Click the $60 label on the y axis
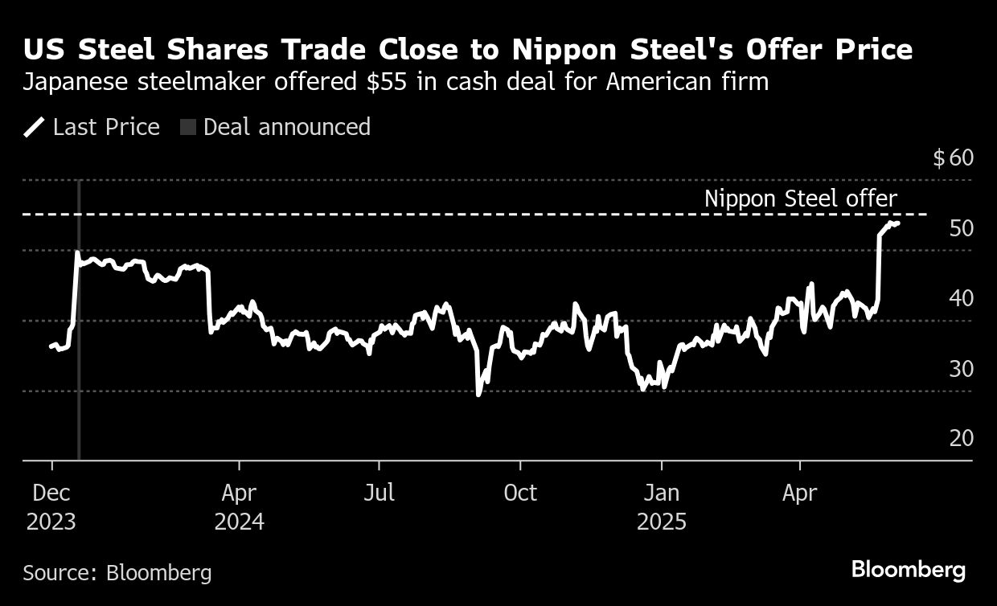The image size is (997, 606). pyautogui.click(x=953, y=158)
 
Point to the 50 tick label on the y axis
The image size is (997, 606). pyautogui.click(x=961, y=228)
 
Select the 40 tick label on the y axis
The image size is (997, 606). pyautogui.click(x=961, y=298)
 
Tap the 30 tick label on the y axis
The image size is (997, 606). pyautogui.click(x=961, y=369)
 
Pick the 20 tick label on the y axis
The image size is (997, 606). pyautogui.click(x=961, y=439)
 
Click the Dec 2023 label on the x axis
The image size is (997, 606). pyautogui.click(x=51, y=507)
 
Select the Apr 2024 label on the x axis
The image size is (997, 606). pyautogui.click(x=239, y=507)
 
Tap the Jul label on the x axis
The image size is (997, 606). pyautogui.click(x=379, y=493)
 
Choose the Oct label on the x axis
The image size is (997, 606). pyautogui.click(x=520, y=493)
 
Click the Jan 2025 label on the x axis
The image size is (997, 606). pyautogui.click(x=661, y=507)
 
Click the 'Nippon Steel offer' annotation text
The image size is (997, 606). pyautogui.click(x=800, y=199)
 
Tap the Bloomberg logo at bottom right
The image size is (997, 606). pyautogui.click(x=909, y=571)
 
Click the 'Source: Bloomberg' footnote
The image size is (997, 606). pyautogui.click(x=117, y=573)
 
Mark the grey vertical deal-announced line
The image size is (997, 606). pyautogui.click(x=78, y=362)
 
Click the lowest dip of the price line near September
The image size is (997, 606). pyautogui.click(x=478, y=394)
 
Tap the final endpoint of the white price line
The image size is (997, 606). pyautogui.click(x=897, y=223)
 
